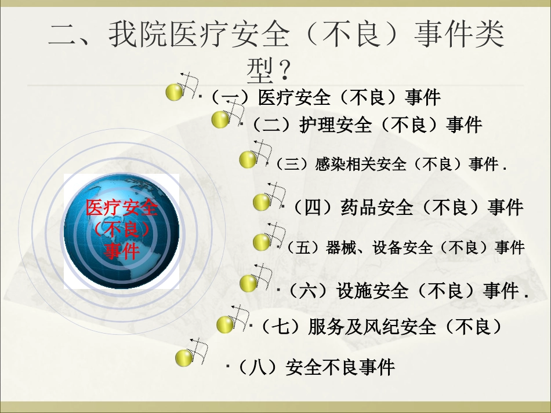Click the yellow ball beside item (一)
point(175,92)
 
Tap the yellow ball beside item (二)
point(220,120)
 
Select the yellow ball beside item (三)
point(248,160)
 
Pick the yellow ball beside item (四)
point(262,203)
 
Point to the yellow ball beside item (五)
point(262,243)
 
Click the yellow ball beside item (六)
point(248,284)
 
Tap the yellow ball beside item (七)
point(226,325)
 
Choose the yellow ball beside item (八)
point(184,358)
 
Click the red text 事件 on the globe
point(122,251)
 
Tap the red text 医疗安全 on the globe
point(122,208)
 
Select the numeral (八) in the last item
point(256,367)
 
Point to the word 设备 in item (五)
point(388,247)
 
